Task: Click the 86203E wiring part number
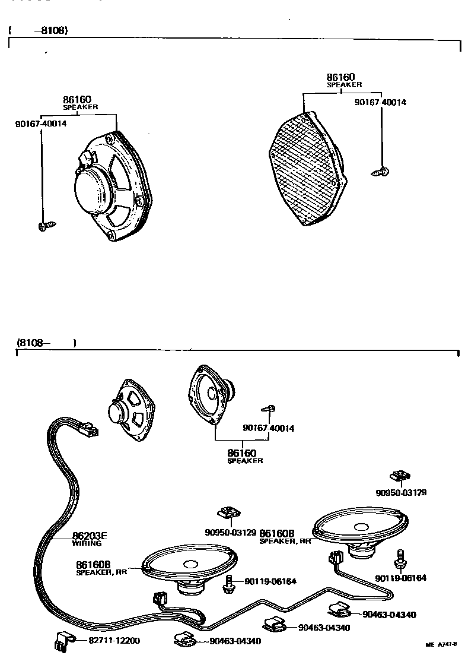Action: pos(90,536)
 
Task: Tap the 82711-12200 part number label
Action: pos(114,641)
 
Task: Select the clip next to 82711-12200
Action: pos(62,641)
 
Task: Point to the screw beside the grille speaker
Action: pos(380,172)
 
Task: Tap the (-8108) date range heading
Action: pos(39,30)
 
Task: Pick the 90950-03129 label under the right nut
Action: pos(401,492)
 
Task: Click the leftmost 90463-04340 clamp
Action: pos(184,640)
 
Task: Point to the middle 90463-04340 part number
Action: pos(324,628)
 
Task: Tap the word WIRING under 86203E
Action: pos(87,543)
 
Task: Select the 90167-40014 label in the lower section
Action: pos(268,428)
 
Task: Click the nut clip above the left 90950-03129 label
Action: pos(230,512)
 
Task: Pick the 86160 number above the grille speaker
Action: pos(340,77)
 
